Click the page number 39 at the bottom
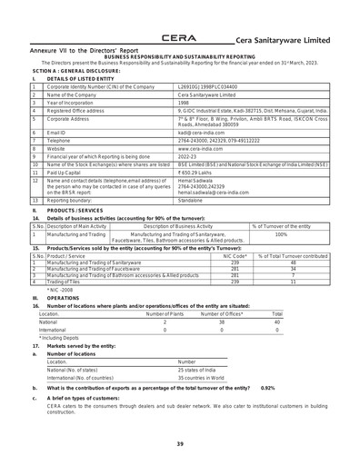(x=179, y=443)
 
